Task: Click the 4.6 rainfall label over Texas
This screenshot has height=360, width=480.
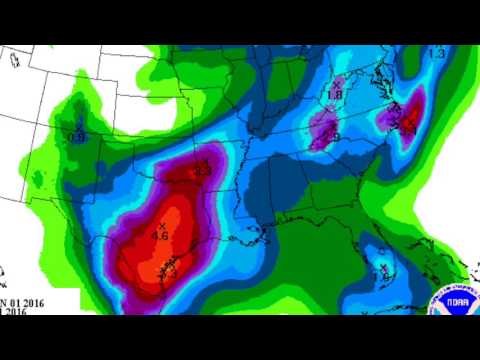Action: [x=159, y=235]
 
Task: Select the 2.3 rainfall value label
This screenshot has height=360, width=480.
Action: [x=202, y=171]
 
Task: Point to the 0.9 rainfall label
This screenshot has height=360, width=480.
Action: [x=77, y=137]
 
